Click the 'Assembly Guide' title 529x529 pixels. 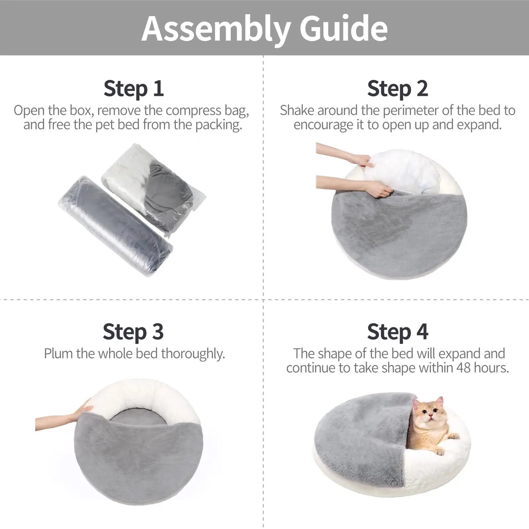[x=264, y=29]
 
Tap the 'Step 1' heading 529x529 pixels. [x=133, y=89]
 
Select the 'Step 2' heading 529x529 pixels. [x=397, y=89]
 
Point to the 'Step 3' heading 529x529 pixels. [x=133, y=332]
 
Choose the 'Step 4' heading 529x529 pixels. [x=397, y=332]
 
